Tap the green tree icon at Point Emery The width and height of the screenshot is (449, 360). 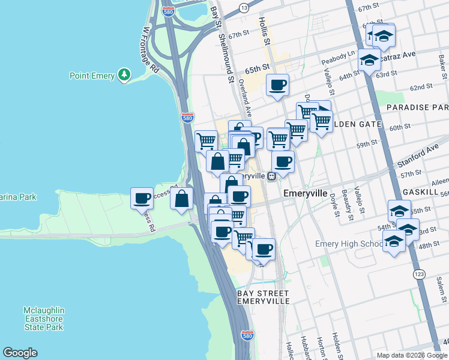(x=124, y=75)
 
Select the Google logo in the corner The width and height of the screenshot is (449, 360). (x=20, y=353)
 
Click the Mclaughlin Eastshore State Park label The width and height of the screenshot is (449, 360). (x=44, y=319)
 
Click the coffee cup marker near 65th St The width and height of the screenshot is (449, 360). (x=277, y=85)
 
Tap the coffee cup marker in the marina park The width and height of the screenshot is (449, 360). (x=142, y=198)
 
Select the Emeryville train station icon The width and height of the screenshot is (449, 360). (x=272, y=176)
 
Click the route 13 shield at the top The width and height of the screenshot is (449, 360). (x=243, y=7)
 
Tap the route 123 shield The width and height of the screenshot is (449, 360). (x=420, y=274)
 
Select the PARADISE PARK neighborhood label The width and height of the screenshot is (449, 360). (x=417, y=107)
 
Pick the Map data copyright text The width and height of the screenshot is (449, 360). (x=411, y=355)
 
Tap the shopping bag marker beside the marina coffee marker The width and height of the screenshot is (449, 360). (x=182, y=199)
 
